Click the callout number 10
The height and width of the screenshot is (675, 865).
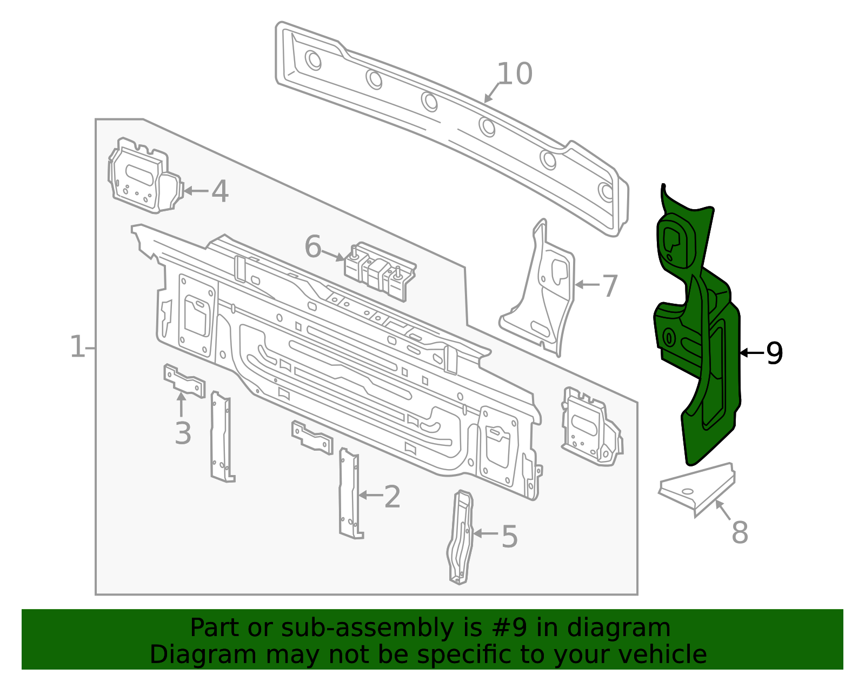tap(514, 74)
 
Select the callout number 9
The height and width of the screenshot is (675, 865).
tap(774, 353)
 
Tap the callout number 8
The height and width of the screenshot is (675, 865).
tap(740, 532)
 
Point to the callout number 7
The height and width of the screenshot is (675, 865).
tap(609, 286)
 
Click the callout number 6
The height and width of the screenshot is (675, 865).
tap(313, 246)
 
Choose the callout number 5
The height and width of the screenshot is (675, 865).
tap(509, 537)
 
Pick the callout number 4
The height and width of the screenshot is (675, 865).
tap(219, 191)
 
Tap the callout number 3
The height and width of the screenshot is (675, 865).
tap(183, 433)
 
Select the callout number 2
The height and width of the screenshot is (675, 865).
tap(392, 497)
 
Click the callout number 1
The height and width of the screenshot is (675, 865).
tap(78, 347)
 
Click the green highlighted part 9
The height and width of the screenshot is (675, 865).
tap(697, 326)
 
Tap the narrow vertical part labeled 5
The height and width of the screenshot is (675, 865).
tap(460, 537)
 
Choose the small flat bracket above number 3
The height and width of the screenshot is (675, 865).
tap(184, 380)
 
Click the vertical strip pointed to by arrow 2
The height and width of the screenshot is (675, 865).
tap(350, 493)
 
